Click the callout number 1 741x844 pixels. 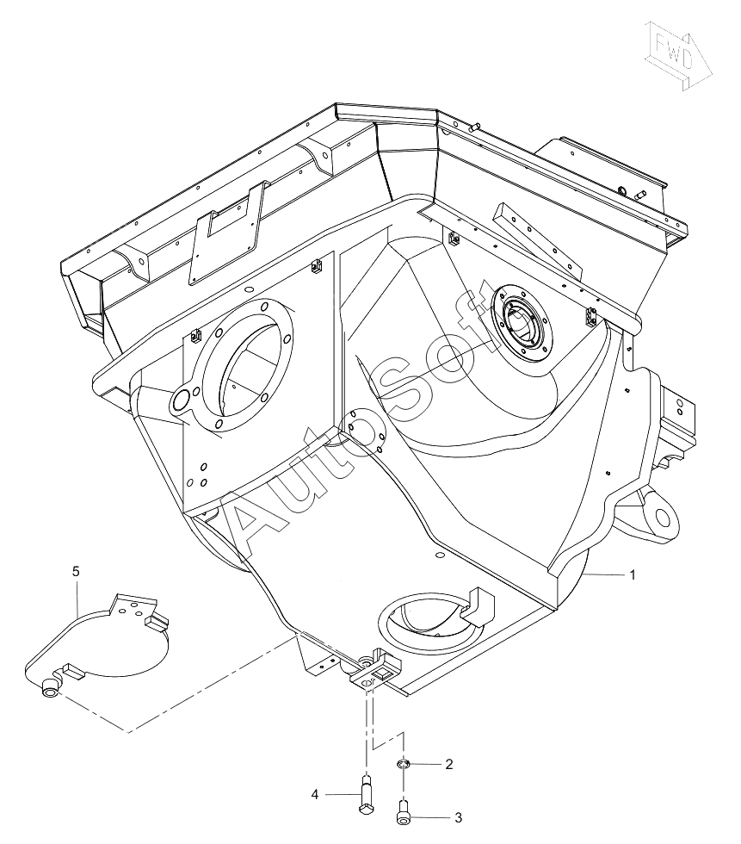pos(633,575)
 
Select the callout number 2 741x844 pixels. pos(449,765)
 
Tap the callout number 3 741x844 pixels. pos(458,818)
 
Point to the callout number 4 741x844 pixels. pos(315,794)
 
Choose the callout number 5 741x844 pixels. pos(76,571)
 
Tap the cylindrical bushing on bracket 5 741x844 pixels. pos(50,688)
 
